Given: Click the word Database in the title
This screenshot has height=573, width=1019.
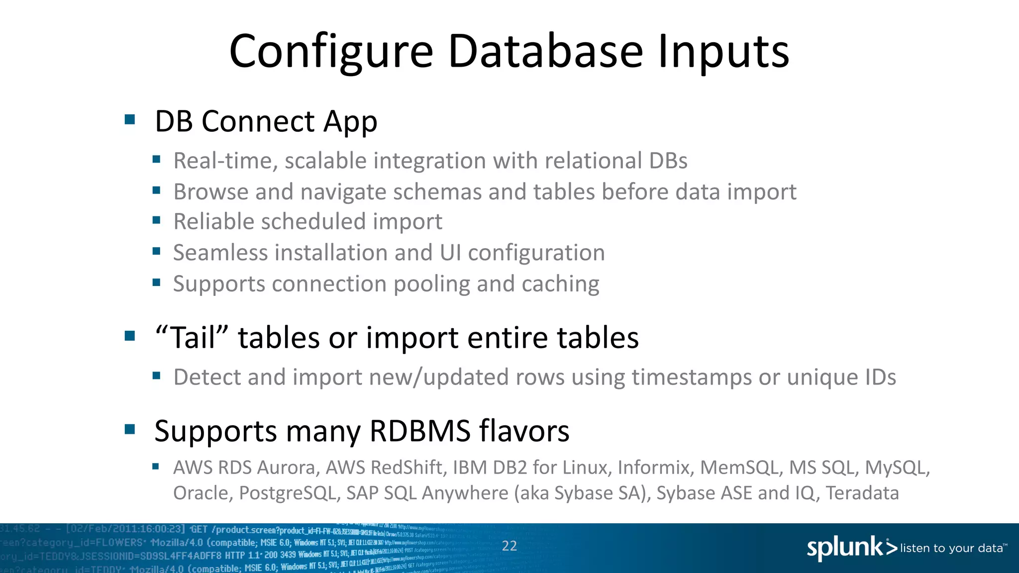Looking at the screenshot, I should pyautogui.click(x=545, y=51).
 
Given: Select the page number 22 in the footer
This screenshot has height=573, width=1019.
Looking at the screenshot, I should pyautogui.click(x=509, y=546).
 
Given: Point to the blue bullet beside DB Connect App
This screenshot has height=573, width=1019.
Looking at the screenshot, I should pyautogui.click(x=130, y=119).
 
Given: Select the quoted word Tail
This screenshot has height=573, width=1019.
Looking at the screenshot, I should pyautogui.click(x=191, y=338).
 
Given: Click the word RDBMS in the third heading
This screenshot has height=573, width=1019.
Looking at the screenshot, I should pyautogui.click(x=420, y=431).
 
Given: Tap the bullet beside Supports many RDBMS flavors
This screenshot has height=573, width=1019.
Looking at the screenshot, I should pyautogui.click(x=130, y=429).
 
